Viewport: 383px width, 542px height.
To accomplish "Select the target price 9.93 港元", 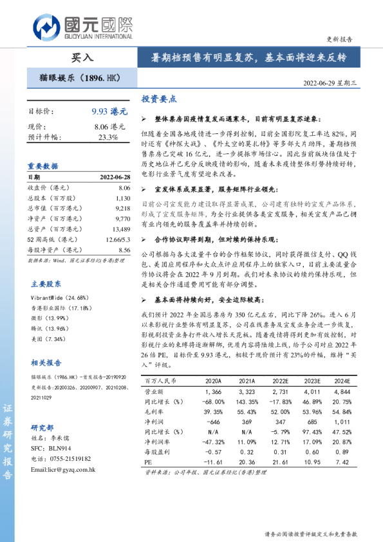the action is [109, 111].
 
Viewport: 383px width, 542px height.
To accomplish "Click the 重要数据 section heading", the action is [43, 165].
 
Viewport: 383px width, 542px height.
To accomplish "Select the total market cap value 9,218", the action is [122, 209].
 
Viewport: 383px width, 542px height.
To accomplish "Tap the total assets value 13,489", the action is [120, 229].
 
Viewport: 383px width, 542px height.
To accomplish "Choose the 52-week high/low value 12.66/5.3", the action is [116, 239].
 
